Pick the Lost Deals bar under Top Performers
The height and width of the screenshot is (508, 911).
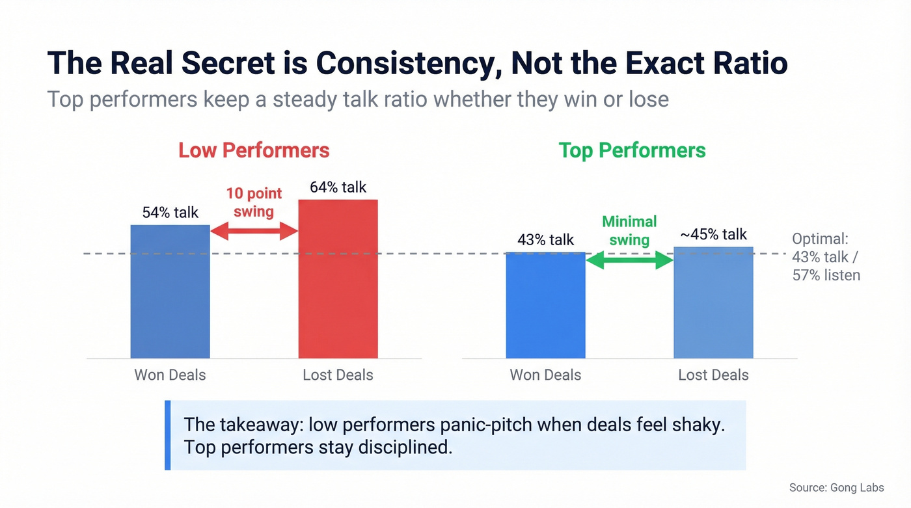(x=713, y=302)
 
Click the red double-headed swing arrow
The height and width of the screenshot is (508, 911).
(x=254, y=230)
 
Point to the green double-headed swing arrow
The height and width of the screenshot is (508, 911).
(x=629, y=261)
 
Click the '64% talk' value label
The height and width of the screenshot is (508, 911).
(x=338, y=187)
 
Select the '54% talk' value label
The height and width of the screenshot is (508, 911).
(x=170, y=212)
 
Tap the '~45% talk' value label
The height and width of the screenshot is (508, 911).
(x=713, y=234)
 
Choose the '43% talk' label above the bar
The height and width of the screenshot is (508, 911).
(x=545, y=240)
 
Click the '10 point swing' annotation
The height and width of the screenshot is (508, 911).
(x=254, y=202)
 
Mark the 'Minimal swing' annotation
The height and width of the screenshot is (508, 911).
(x=629, y=230)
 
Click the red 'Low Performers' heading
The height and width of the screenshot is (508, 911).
(x=254, y=150)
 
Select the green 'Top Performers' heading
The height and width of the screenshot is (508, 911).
(x=632, y=150)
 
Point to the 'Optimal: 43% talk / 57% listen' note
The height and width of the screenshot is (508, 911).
(x=826, y=257)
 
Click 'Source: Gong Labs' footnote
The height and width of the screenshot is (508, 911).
(x=836, y=487)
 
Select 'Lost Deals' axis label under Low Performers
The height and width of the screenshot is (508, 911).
(x=338, y=375)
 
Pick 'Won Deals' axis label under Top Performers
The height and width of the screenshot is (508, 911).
(x=545, y=375)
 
